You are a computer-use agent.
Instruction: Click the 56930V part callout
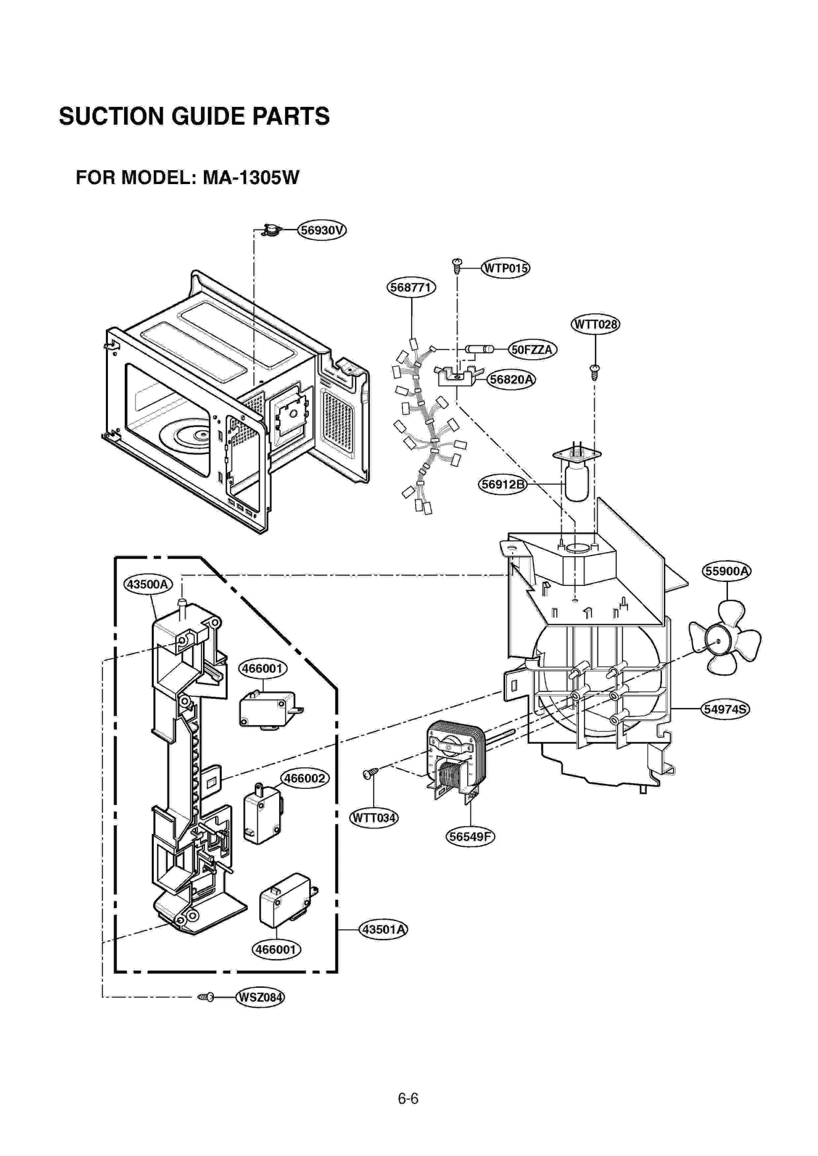point(322,230)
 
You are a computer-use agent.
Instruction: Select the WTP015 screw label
point(505,268)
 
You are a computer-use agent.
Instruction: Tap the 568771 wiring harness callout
point(411,287)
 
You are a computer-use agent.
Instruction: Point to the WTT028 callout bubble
point(595,324)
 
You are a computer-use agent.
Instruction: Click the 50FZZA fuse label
point(532,350)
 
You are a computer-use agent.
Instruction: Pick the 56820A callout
point(511,379)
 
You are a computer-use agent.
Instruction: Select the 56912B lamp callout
point(503,484)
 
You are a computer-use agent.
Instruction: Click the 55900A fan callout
point(726,571)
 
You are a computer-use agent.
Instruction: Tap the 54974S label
point(725,709)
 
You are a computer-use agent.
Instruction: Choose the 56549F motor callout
point(470,836)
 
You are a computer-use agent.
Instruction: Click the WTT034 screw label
point(374,818)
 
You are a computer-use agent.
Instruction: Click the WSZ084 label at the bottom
point(260,997)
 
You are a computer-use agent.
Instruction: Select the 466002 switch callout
point(304,778)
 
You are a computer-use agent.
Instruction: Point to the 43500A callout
point(147,584)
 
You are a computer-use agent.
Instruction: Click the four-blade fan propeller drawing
point(723,641)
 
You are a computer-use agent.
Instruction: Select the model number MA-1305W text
point(251,178)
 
